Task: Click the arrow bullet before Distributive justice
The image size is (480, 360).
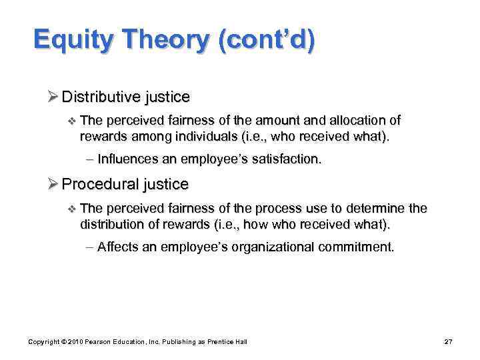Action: [53, 97]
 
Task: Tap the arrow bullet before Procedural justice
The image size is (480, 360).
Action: [53, 184]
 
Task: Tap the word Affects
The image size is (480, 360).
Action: [116, 247]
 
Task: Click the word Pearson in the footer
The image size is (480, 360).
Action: [100, 342]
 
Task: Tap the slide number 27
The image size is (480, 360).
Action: [448, 342]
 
